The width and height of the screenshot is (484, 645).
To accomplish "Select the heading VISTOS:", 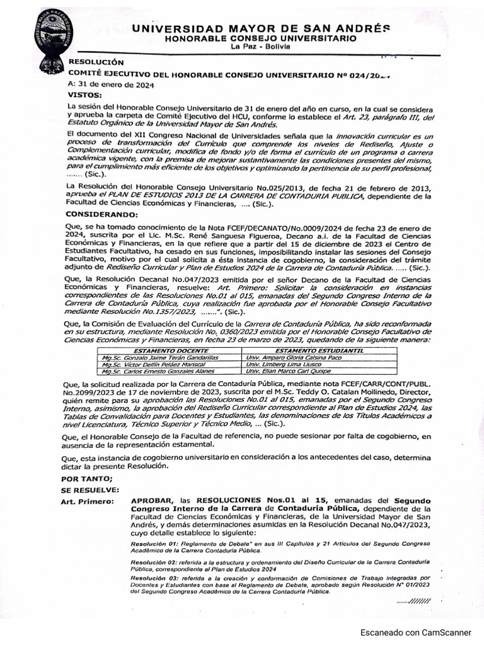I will (84, 94).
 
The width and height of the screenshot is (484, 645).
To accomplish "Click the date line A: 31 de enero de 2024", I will (110, 84).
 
